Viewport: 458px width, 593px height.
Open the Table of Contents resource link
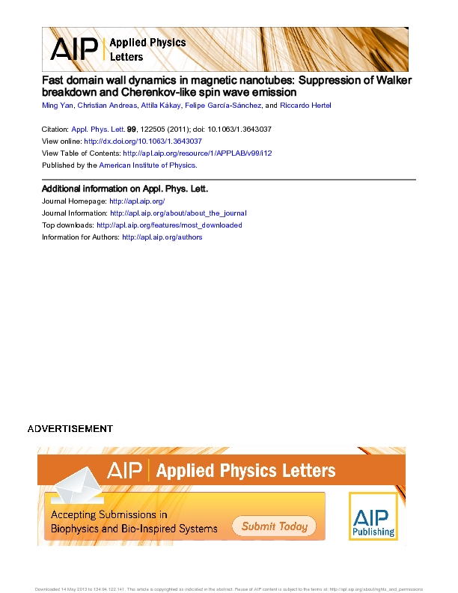point(197,153)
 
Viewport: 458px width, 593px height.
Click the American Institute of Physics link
point(147,165)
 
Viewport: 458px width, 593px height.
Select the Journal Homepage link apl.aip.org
point(137,201)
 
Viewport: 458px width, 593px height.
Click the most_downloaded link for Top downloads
point(169,225)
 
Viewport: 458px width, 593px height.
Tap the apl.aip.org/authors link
point(162,237)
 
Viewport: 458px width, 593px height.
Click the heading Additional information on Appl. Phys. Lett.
point(124,189)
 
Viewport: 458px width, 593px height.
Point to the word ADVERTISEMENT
point(70,429)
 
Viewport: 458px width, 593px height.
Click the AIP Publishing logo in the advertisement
point(373,517)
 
